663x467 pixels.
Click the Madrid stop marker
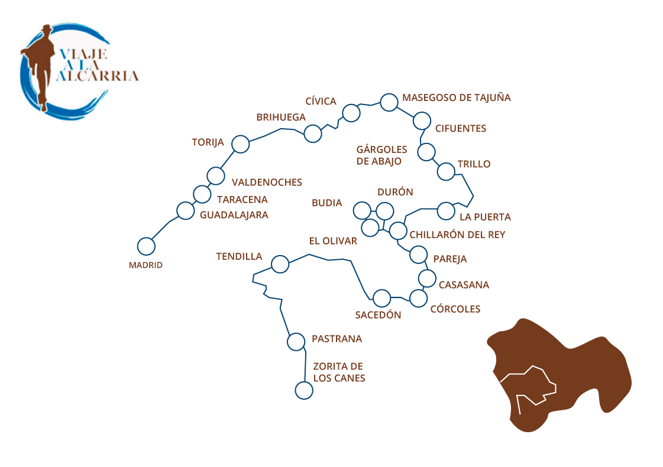click(x=145, y=246)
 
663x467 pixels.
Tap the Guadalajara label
click(x=234, y=215)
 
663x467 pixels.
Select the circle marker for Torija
click(x=240, y=143)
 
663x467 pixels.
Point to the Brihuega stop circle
click(x=312, y=134)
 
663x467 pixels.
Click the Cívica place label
click(x=321, y=101)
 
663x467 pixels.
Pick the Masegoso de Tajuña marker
click(x=389, y=102)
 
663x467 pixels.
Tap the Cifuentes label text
click(x=460, y=129)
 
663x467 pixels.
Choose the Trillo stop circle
click(x=446, y=171)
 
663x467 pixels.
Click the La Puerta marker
click(x=445, y=211)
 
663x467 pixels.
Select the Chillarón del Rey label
click(x=457, y=235)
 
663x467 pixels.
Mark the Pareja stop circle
click(x=418, y=254)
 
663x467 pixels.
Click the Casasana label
click(x=464, y=285)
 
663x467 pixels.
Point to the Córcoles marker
click(x=418, y=298)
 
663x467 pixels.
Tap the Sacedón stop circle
click(x=381, y=298)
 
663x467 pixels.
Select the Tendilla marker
click(x=280, y=264)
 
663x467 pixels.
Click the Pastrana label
click(x=337, y=339)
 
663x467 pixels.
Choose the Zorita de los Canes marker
click(x=303, y=390)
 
